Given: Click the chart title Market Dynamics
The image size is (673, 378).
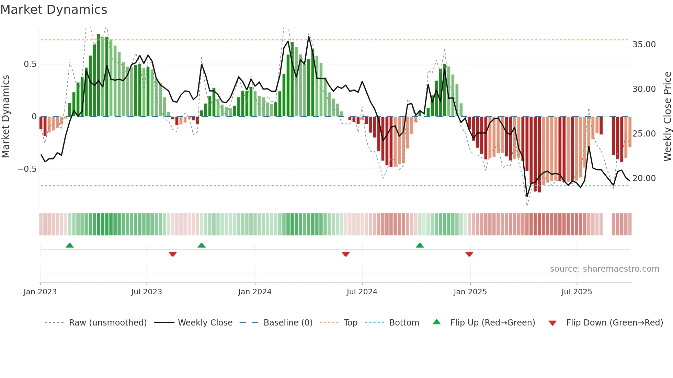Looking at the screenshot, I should tap(54, 10).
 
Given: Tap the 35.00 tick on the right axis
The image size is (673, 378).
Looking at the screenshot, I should tap(644, 45).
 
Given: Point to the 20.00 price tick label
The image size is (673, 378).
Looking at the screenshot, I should tap(644, 178).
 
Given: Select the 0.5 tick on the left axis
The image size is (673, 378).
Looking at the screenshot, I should tap(30, 64).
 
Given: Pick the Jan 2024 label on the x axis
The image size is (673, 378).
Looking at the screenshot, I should tap(255, 292).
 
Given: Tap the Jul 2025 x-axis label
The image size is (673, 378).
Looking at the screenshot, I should tap(577, 292).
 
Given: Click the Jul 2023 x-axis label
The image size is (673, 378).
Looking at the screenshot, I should tap(147, 292).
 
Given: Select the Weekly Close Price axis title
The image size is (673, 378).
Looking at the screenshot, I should tap(667, 116).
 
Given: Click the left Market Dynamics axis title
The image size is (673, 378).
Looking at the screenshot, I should tap(5, 116).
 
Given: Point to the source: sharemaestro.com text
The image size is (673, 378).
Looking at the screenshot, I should tap(604, 269).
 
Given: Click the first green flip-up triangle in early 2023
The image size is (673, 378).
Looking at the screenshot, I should tap(70, 245).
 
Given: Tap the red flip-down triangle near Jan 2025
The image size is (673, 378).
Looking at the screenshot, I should tap(469, 254).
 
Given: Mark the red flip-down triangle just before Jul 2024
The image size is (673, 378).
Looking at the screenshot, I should tap(346, 254).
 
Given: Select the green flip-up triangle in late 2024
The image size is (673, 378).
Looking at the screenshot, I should tap(420, 245).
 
